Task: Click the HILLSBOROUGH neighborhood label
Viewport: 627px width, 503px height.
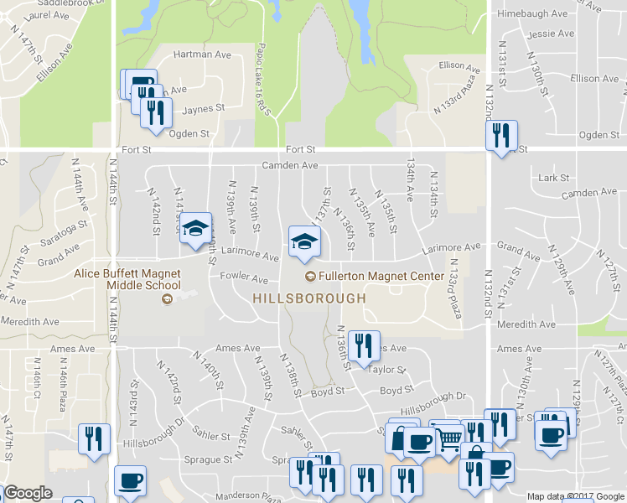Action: [x=309, y=298]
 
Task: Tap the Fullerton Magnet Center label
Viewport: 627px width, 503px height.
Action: [x=380, y=276]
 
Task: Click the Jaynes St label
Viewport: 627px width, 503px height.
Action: [x=205, y=108]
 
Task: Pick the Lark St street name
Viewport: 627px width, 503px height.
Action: [x=554, y=178]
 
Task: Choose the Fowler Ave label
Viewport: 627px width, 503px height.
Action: [x=243, y=278]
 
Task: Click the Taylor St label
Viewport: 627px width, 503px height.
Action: [x=388, y=369]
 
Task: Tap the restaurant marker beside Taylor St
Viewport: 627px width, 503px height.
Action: [x=363, y=346]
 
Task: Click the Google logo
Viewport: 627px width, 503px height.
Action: [x=28, y=494]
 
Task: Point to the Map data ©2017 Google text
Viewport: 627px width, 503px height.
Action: [x=575, y=496]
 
